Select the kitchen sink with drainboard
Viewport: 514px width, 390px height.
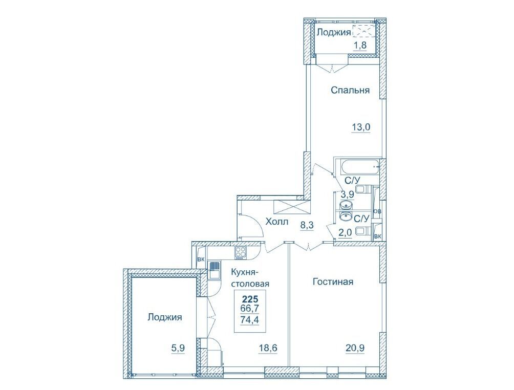tap(213, 269)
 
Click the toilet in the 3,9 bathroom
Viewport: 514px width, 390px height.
tap(363, 189)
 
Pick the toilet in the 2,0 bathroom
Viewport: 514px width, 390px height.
tap(363, 231)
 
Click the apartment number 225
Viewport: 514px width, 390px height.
tap(250, 299)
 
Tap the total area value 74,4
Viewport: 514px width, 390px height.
tap(250, 319)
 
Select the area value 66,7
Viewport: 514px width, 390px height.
tap(250, 309)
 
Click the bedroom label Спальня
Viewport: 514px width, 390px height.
tap(350, 90)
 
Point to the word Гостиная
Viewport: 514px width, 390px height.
tap(333, 281)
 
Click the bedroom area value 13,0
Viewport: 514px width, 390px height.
tap(361, 126)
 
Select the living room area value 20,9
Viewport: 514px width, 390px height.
tap(355, 348)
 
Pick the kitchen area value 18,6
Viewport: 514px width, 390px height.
tap(267, 348)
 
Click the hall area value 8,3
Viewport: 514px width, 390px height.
tap(307, 225)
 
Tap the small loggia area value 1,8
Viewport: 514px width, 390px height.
tap(359, 45)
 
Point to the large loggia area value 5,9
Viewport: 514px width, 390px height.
tap(178, 348)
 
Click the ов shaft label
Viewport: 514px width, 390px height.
tap(377, 211)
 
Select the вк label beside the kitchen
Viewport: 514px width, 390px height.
tap(201, 259)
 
